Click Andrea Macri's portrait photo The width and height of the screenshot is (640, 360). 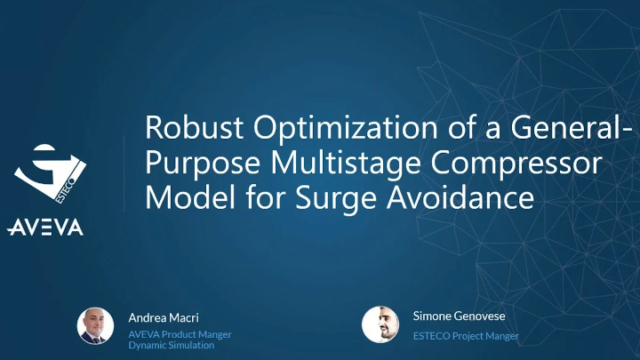[95, 325]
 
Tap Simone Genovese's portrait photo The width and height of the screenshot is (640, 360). [380, 324]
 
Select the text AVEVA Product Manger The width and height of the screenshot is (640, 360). [180, 334]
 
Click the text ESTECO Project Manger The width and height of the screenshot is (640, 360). [466, 336]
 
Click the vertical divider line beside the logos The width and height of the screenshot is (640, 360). [123, 173]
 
